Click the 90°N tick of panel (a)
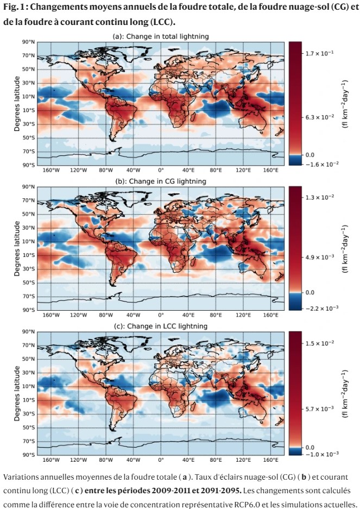coord(29,42)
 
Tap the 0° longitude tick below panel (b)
coord(160,315)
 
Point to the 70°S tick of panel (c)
coord(29,441)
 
